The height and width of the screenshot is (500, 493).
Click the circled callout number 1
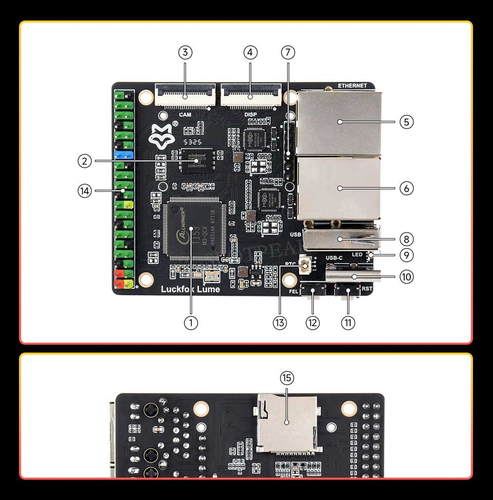click(191, 323)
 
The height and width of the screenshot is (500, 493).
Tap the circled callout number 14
click(84, 191)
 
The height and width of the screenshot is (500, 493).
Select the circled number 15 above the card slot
click(287, 378)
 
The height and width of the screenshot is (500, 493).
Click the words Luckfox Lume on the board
click(191, 289)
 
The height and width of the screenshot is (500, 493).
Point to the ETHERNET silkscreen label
click(352, 85)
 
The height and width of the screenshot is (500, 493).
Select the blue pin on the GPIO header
click(124, 154)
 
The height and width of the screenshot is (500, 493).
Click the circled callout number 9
click(406, 255)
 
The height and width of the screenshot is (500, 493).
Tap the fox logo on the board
click(161, 135)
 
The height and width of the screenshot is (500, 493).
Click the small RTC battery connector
click(305, 266)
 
